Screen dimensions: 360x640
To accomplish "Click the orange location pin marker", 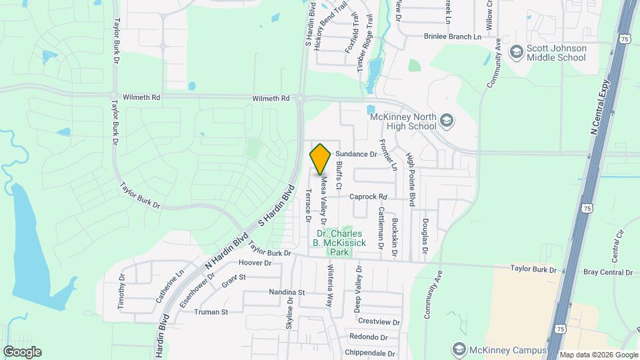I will (x=321, y=159).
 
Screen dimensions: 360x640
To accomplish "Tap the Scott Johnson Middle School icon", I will (x=515, y=51).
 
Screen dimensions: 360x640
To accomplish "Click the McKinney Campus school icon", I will (x=458, y=349).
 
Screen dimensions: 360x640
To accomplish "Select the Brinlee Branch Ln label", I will (x=452, y=37).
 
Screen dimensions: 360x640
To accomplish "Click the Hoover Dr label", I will (x=255, y=263).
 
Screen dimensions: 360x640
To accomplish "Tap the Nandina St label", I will (x=287, y=292).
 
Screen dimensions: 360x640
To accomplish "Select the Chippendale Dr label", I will (x=370, y=353).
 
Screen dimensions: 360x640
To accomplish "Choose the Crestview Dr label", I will (x=379, y=321).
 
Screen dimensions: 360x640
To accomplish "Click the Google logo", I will (x=22, y=351).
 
